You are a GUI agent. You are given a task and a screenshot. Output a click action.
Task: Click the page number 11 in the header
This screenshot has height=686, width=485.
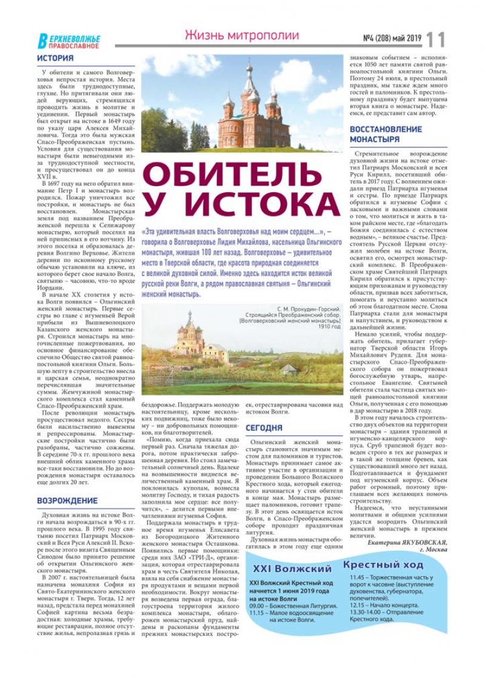coord(435,39)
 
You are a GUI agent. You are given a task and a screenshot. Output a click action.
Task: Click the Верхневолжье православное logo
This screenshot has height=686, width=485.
coord(69,41)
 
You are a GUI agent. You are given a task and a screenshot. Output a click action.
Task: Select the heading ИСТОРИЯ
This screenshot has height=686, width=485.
coord(55,58)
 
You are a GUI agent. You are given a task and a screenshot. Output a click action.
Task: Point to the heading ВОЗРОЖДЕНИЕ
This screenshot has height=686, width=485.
coord(67,500)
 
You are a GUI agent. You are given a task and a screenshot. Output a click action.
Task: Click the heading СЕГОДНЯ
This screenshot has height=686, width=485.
coord(264,428)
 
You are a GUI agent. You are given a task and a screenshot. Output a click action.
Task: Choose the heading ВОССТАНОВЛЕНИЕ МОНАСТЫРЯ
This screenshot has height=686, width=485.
coord(386,134)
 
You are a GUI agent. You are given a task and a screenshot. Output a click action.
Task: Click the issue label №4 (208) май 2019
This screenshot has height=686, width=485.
coord(392,38)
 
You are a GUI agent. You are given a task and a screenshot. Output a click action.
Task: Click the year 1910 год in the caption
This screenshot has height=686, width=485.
coord(330,326)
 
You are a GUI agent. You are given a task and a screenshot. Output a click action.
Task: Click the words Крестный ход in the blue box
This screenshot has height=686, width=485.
coord(383,565)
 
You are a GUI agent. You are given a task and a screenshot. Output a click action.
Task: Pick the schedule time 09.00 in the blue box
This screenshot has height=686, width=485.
coord(257,605)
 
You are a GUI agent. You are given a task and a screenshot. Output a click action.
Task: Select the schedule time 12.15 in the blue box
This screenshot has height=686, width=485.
coord(359,605)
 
